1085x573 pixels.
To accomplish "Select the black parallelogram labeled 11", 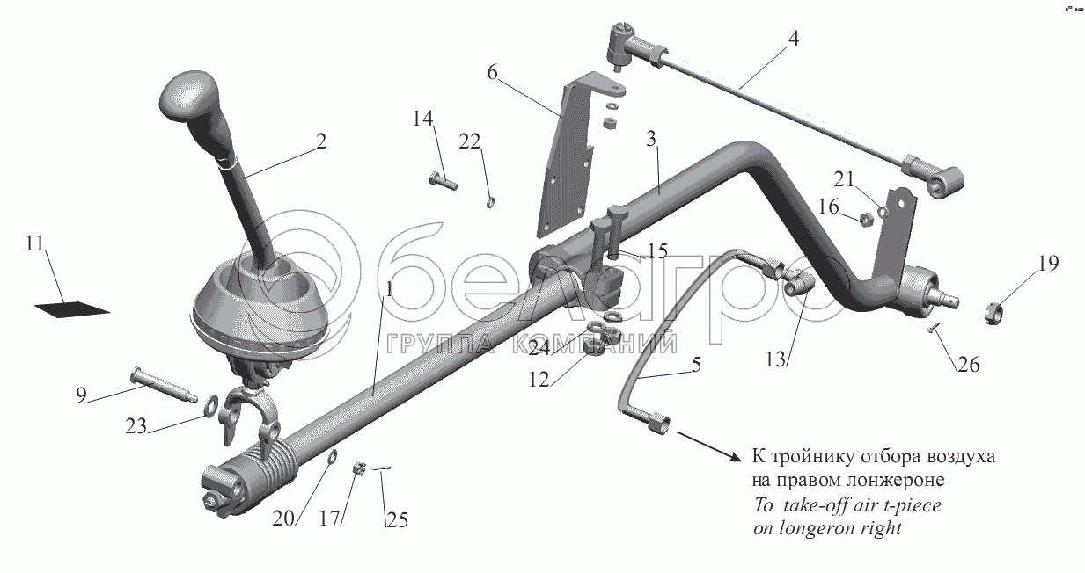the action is click(x=72, y=308).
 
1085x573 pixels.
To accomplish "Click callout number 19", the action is click(x=1046, y=263).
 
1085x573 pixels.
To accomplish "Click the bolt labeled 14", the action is click(x=443, y=182).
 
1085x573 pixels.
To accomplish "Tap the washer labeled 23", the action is click(x=212, y=406).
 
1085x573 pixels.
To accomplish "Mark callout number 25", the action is click(x=396, y=520).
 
